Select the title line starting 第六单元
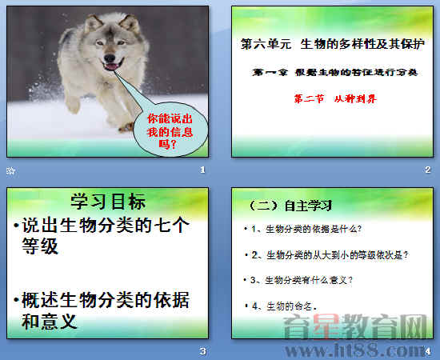(x=330, y=47)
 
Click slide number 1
(x=202, y=170)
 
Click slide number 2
(x=428, y=170)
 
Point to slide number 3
(x=202, y=351)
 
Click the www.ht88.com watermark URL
(x=365, y=350)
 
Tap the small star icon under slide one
(x=10, y=170)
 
